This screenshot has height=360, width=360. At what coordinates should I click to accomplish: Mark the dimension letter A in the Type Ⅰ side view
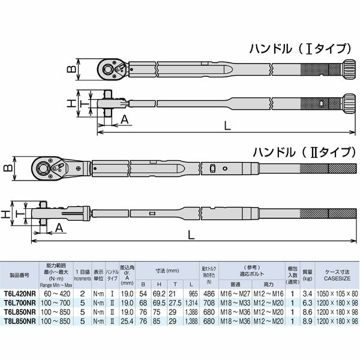click(124, 119)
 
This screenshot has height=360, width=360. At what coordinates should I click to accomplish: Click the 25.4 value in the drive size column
click(126, 322)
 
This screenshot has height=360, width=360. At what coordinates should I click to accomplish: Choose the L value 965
click(192, 294)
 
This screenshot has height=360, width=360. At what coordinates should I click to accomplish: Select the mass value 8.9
click(308, 322)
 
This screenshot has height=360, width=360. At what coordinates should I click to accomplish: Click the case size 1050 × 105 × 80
click(337, 294)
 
